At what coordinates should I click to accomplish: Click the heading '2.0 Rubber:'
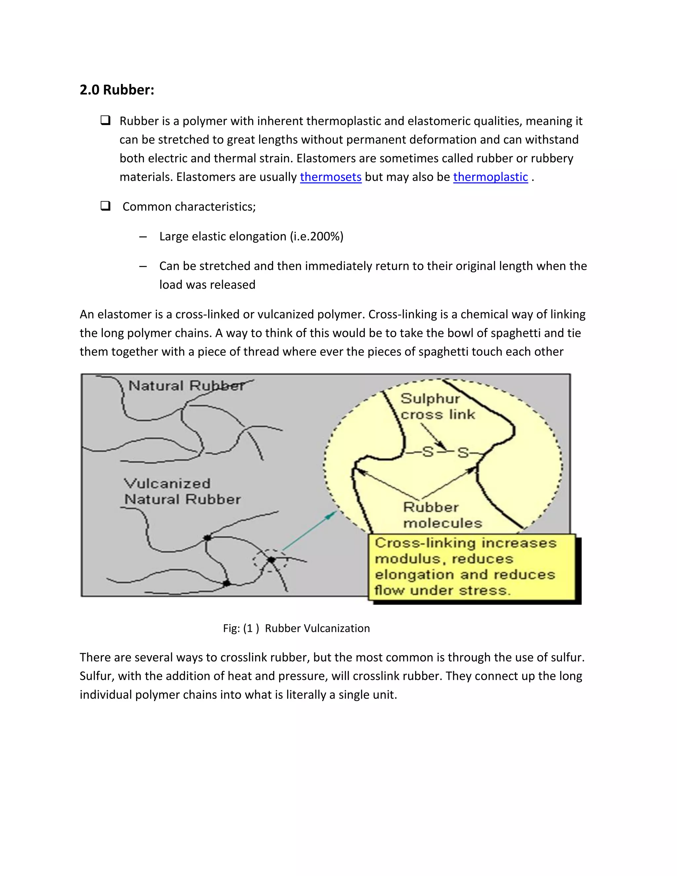click(117, 90)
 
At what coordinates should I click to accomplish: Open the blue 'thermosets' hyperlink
click(331, 177)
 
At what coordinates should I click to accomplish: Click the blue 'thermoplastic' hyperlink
click(490, 177)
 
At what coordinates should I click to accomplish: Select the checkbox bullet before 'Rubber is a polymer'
click(105, 120)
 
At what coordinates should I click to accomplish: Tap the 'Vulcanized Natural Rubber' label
click(182, 491)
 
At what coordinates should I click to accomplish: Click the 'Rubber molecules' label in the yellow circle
click(442, 515)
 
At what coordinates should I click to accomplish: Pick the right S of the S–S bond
click(463, 453)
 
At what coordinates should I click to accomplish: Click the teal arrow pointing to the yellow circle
click(309, 531)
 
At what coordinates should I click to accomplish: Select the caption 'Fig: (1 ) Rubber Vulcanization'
click(297, 628)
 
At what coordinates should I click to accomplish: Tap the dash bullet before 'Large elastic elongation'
click(143, 237)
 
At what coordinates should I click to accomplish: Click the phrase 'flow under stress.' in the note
click(442, 590)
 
